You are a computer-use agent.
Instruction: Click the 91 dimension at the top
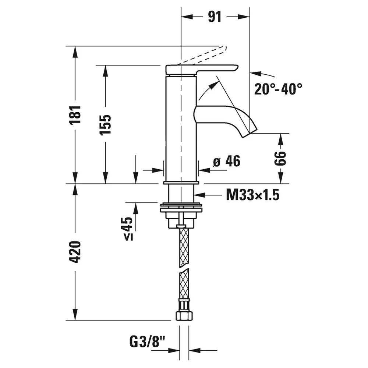(x=215, y=17)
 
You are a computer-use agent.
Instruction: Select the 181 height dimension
(x=76, y=114)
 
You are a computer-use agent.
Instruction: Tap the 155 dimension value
(x=105, y=125)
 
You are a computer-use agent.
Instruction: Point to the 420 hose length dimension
(x=76, y=252)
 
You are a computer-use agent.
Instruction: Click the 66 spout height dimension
(x=281, y=158)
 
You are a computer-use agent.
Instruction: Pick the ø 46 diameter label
(x=227, y=161)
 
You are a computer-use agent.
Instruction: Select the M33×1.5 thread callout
(x=252, y=195)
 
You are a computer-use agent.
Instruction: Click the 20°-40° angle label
(x=278, y=89)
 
